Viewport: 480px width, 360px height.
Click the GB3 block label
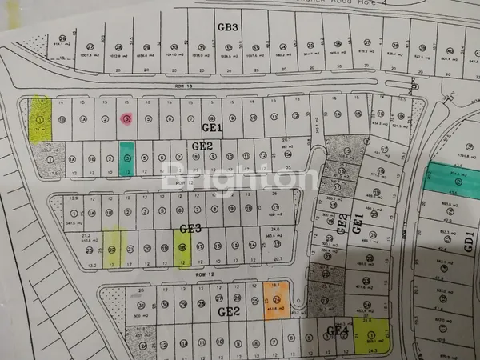(x=229, y=27)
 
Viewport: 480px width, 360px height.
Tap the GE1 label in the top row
(x=211, y=127)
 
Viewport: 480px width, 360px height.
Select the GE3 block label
(x=190, y=229)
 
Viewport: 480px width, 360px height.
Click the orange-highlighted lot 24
(x=275, y=301)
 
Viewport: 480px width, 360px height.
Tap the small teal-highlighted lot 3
(x=126, y=158)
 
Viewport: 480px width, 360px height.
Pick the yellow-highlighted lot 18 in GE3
(x=182, y=247)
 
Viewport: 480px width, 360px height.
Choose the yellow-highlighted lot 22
(x=113, y=249)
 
